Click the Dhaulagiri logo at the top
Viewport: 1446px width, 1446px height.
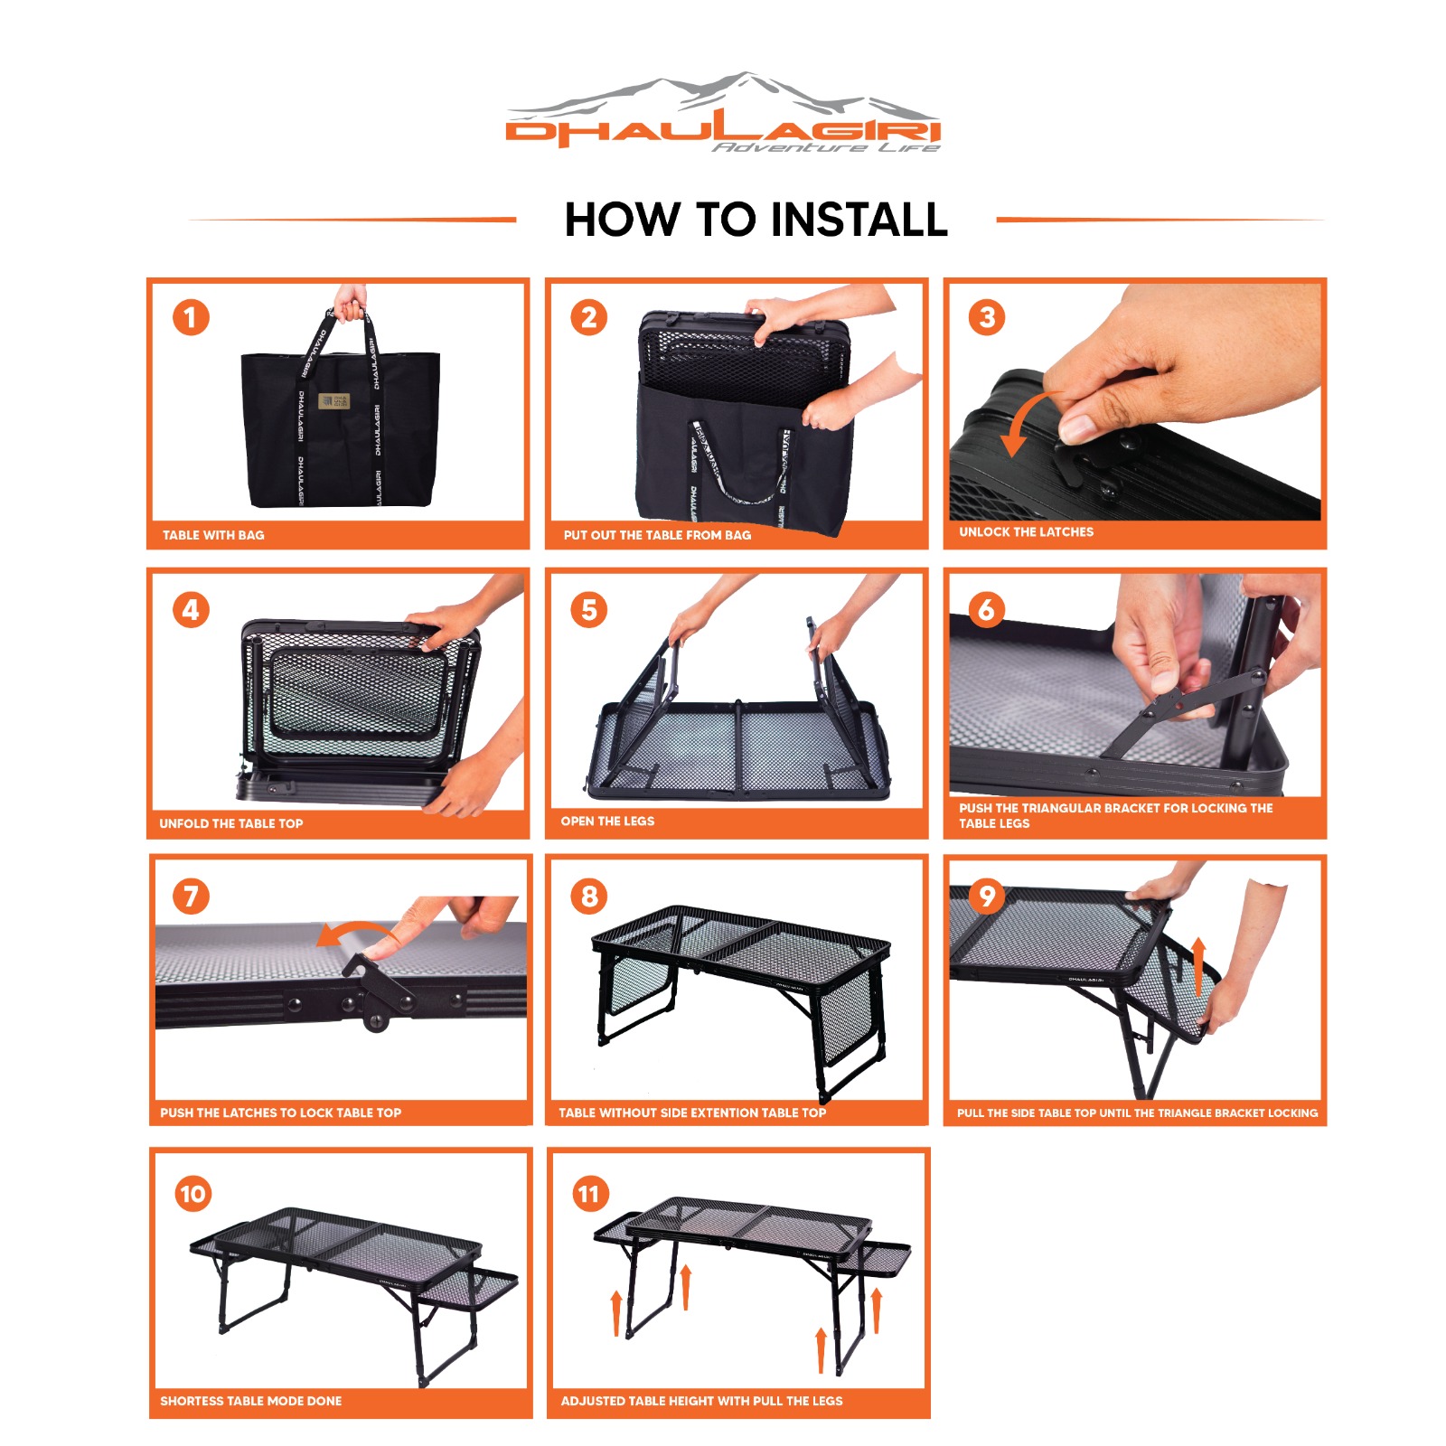[723, 112]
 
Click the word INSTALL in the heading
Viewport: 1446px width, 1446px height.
[859, 220]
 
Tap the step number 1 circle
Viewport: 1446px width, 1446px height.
[191, 318]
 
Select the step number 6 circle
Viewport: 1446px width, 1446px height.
[986, 609]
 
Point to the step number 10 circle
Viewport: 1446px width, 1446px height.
[192, 1194]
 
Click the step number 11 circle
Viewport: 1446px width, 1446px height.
[589, 1194]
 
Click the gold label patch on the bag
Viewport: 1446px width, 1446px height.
[333, 400]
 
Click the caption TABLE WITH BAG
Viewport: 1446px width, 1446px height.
[213, 535]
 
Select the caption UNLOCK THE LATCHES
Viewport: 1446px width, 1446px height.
[1026, 532]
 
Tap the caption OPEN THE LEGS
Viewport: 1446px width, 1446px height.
[607, 822]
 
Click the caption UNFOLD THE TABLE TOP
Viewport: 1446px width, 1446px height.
[231, 823]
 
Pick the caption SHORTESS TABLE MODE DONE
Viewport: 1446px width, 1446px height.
[251, 1401]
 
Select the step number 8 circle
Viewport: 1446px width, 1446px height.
[589, 897]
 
